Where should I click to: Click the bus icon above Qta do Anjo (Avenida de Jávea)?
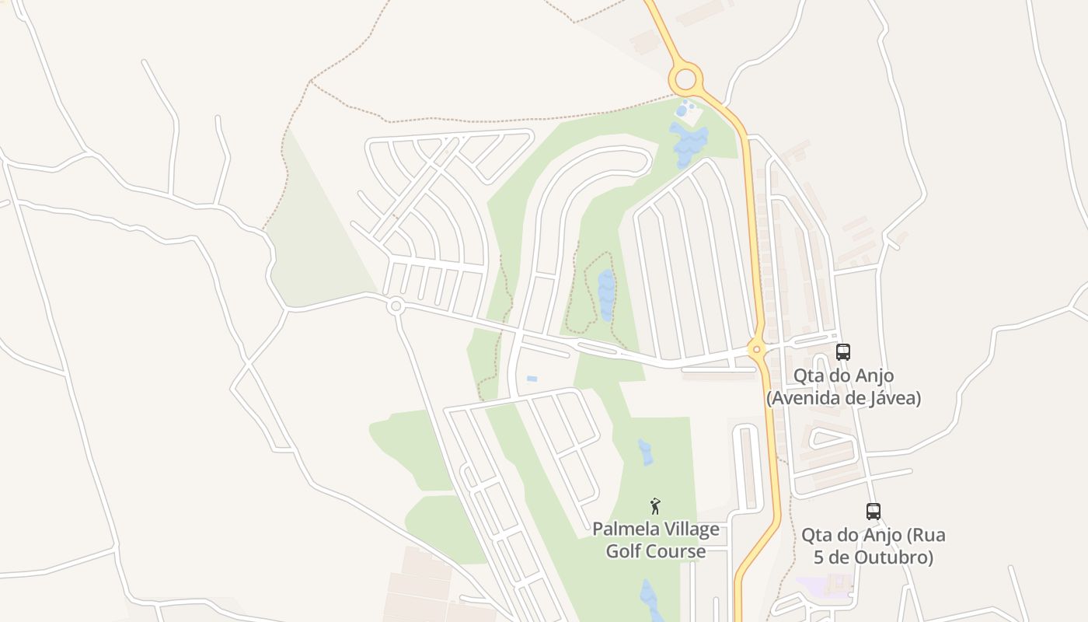click(843, 351)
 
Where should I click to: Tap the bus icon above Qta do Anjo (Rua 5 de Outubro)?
click(874, 511)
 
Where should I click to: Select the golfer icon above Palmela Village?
click(655, 506)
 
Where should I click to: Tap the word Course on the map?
click(678, 552)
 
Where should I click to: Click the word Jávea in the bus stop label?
click(894, 398)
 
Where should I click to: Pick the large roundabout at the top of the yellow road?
click(685, 79)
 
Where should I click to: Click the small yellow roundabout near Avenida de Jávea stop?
click(757, 349)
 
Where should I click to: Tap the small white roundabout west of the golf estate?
click(396, 306)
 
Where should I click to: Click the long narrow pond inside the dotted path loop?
click(606, 295)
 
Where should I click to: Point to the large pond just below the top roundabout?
click(689, 142)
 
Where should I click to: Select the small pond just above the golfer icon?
click(646, 453)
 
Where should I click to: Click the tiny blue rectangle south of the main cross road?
click(532, 379)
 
